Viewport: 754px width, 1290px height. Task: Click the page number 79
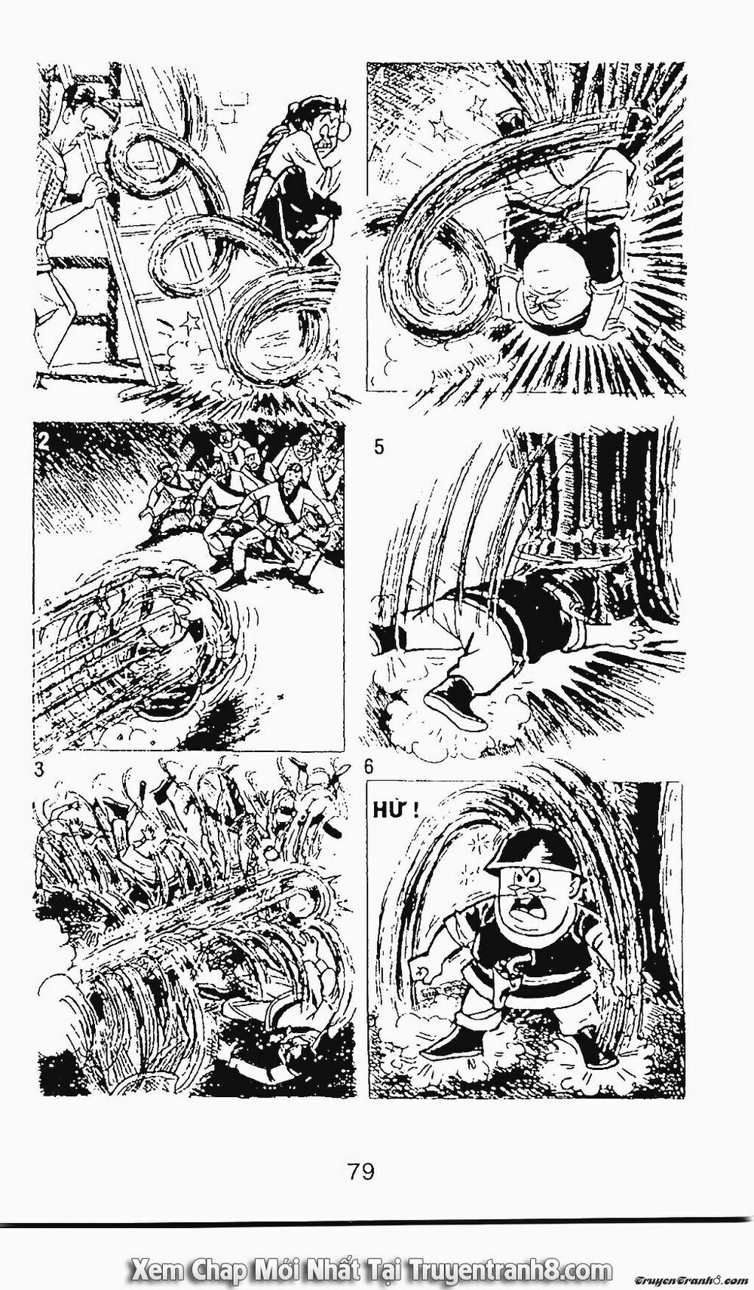pos(361,1172)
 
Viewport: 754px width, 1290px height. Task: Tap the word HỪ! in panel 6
pos(393,812)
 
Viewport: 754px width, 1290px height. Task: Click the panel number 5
pos(379,447)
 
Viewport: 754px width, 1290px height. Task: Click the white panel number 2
pos(44,442)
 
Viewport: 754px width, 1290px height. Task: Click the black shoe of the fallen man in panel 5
pos(451,700)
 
